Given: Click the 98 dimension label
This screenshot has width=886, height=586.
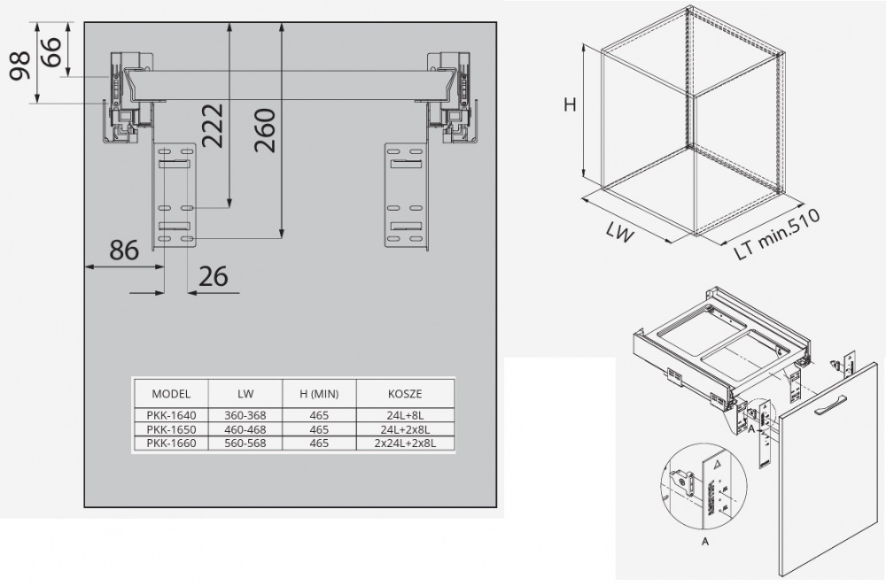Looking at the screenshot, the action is pyautogui.click(x=21, y=66).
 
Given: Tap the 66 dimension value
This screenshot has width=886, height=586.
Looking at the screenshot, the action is pyautogui.click(x=51, y=52).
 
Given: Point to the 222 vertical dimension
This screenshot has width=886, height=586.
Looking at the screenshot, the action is pyautogui.click(x=214, y=126).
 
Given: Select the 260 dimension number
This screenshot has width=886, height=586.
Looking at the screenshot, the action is pyautogui.click(x=264, y=130).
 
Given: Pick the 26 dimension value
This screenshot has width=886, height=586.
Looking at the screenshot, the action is pyautogui.click(x=214, y=276).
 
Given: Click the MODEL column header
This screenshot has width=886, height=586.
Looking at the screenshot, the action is pyautogui.click(x=171, y=394).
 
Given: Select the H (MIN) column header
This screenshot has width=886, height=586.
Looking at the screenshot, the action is pyautogui.click(x=319, y=394).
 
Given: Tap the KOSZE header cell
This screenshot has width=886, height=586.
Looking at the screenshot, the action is pyautogui.click(x=405, y=394).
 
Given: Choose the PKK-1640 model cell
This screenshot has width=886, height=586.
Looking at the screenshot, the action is pyautogui.click(x=171, y=415).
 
